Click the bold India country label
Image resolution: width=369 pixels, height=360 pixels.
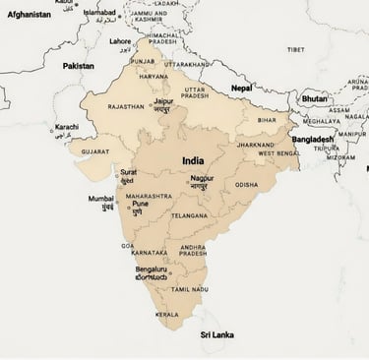194,159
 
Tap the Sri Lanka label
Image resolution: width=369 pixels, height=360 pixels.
216,334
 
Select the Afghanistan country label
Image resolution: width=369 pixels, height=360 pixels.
29,15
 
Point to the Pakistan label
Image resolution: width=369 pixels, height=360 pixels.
79,66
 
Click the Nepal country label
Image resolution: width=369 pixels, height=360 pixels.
241,88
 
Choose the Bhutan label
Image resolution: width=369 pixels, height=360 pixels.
314,98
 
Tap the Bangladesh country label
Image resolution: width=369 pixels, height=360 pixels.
314,140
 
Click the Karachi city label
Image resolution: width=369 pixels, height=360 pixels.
66,127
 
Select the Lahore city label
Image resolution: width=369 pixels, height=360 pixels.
119,41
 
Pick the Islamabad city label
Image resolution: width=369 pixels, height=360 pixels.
98,12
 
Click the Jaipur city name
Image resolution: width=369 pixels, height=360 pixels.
164,101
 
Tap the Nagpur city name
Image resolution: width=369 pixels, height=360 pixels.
202,178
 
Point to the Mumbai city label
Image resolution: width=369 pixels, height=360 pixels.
101,199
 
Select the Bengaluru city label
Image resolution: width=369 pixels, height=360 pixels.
152,269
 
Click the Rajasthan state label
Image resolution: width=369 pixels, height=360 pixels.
125,106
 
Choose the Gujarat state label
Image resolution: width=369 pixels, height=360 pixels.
95,152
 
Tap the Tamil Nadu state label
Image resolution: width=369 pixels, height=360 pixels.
189,289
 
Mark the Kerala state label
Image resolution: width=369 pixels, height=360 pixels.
167,315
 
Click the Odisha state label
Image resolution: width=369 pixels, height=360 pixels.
246,184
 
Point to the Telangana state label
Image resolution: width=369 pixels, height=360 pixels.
190,215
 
